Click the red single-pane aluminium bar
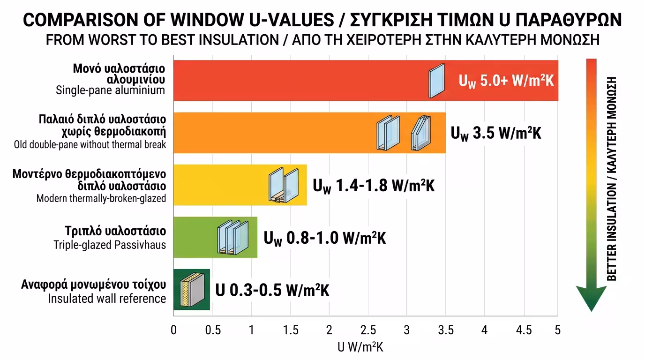point(300,80)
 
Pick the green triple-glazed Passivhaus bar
point(197,237)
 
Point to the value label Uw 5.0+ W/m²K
point(506,81)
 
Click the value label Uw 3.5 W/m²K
point(496,133)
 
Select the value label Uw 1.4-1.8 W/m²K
point(374,186)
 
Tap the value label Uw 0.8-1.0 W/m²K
point(324,238)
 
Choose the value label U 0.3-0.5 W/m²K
point(272,290)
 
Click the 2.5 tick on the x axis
point(368,330)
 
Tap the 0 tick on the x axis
point(174,330)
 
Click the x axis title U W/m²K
point(360,348)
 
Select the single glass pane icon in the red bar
point(436,81)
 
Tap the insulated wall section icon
point(191,290)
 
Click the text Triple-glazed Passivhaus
point(110,244)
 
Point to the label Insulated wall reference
point(107,298)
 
